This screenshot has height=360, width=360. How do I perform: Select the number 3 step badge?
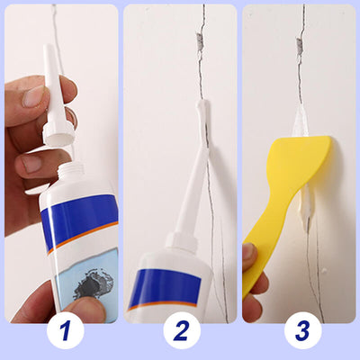pos(301,330)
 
